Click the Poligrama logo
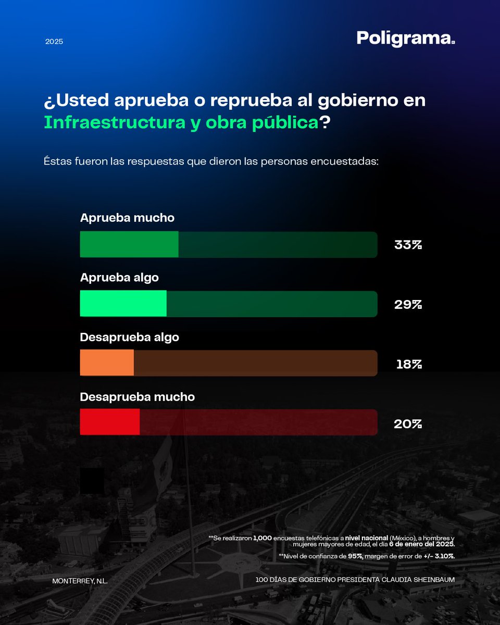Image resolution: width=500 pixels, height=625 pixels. click(x=406, y=39)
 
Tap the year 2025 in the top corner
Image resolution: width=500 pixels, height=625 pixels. click(x=54, y=41)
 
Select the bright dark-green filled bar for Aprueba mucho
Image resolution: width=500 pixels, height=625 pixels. click(x=129, y=244)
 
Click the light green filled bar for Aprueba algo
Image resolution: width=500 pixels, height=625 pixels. click(x=123, y=304)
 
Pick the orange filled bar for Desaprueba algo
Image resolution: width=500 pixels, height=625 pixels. click(x=107, y=363)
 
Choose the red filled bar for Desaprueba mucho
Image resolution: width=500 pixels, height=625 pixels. click(x=109, y=422)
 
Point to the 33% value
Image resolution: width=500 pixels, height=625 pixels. click(x=408, y=245)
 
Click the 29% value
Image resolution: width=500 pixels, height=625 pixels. click(x=408, y=305)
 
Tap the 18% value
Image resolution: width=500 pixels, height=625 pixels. click(x=409, y=364)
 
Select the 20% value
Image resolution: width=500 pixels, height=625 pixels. click(x=408, y=424)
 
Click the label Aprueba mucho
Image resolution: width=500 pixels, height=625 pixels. click(x=127, y=218)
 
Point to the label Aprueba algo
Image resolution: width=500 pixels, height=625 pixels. click(x=119, y=278)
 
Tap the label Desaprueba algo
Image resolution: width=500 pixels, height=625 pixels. click(x=129, y=337)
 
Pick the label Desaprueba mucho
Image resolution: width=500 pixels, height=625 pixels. click(x=137, y=397)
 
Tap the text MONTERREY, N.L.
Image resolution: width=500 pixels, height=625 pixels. click(x=80, y=580)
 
